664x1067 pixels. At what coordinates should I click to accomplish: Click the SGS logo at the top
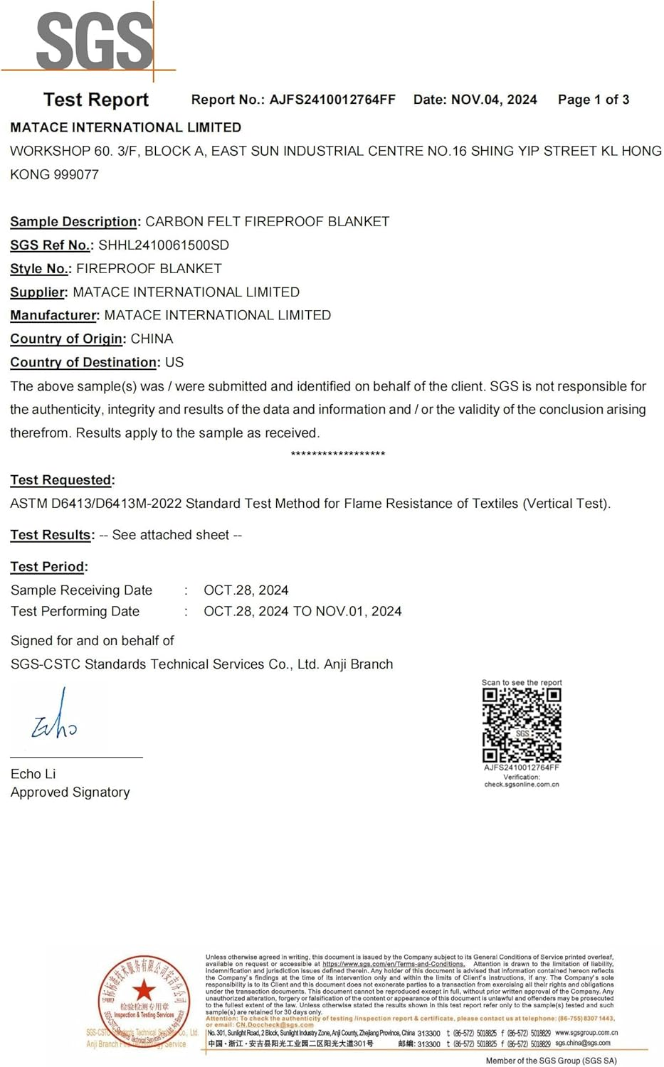pyautogui.click(x=94, y=41)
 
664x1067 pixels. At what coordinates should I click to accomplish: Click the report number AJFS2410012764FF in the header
pyautogui.click(x=332, y=100)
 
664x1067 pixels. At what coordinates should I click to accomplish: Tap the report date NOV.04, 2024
pyautogui.click(x=494, y=100)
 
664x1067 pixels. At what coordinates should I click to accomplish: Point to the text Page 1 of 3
pyautogui.click(x=594, y=100)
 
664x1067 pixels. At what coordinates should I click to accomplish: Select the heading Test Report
pyautogui.click(x=96, y=100)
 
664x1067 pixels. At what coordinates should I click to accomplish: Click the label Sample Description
pyautogui.click(x=73, y=221)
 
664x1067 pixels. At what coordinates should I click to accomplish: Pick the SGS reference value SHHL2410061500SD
pyautogui.click(x=164, y=245)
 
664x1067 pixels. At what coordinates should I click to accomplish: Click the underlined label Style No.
pyautogui.click(x=40, y=268)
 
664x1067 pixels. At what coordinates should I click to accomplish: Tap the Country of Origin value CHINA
pyautogui.click(x=152, y=339)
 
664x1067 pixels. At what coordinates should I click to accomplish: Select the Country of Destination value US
pyautogui.click(x=174, y=362)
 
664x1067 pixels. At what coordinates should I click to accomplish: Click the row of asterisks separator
pyautogui.click(x=338, y=454)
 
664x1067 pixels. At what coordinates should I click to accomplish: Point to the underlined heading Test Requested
pyautogui.click(x=61, y=480)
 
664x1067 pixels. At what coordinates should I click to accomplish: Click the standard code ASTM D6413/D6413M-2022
pyautogui.click(x=96, y=504)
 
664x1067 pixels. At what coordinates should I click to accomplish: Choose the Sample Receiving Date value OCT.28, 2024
pyautogui.click(x=246, y=590)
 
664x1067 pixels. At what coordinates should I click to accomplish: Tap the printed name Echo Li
pyautogui.click(x=33, y=774)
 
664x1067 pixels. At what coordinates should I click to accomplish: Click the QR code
pyautogui.click(x=522, y=725)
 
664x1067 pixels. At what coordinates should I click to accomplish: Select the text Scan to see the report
pyautogui.click(x=522, y=682)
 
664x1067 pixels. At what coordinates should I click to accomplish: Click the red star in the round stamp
pyautogui.click(x=144, y=989)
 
